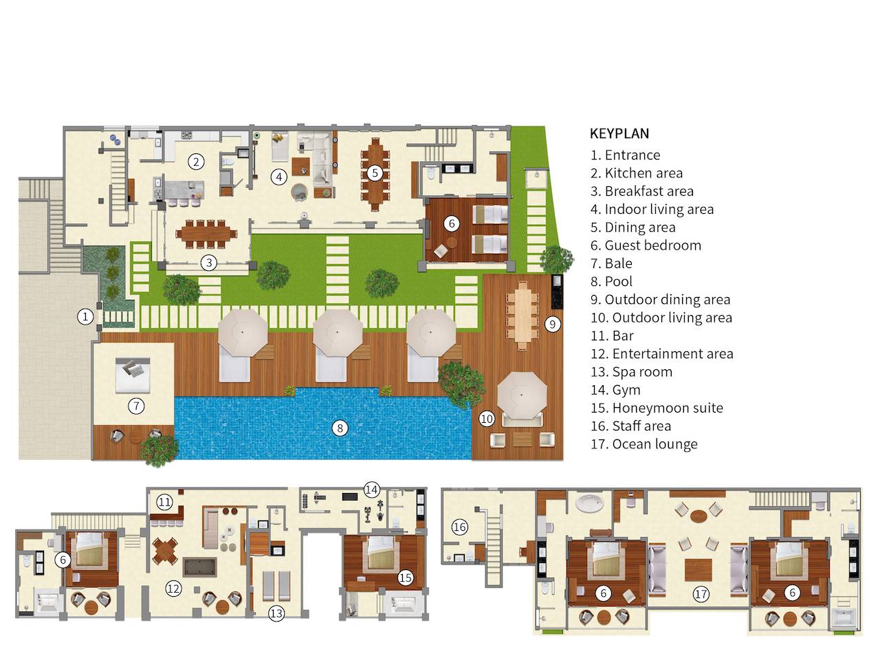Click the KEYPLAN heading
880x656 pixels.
[619, 133]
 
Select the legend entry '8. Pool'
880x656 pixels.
[611, 281]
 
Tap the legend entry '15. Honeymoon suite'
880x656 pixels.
[657, 408]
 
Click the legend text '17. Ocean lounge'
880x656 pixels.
[643, 444]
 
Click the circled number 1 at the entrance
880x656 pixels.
[85, 316]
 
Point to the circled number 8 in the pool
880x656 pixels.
[339, 428]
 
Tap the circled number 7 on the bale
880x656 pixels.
[136, 406]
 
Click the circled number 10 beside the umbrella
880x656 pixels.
[487, 418]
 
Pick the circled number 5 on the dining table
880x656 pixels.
[374, 173]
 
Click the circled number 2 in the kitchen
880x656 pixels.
[197, 162]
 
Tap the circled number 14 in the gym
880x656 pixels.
[371, 490]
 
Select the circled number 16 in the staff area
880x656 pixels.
[459, 527]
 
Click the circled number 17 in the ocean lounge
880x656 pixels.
[701, 594]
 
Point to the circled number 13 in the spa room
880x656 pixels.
[276, 613]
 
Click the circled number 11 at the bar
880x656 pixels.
[164, 502]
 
